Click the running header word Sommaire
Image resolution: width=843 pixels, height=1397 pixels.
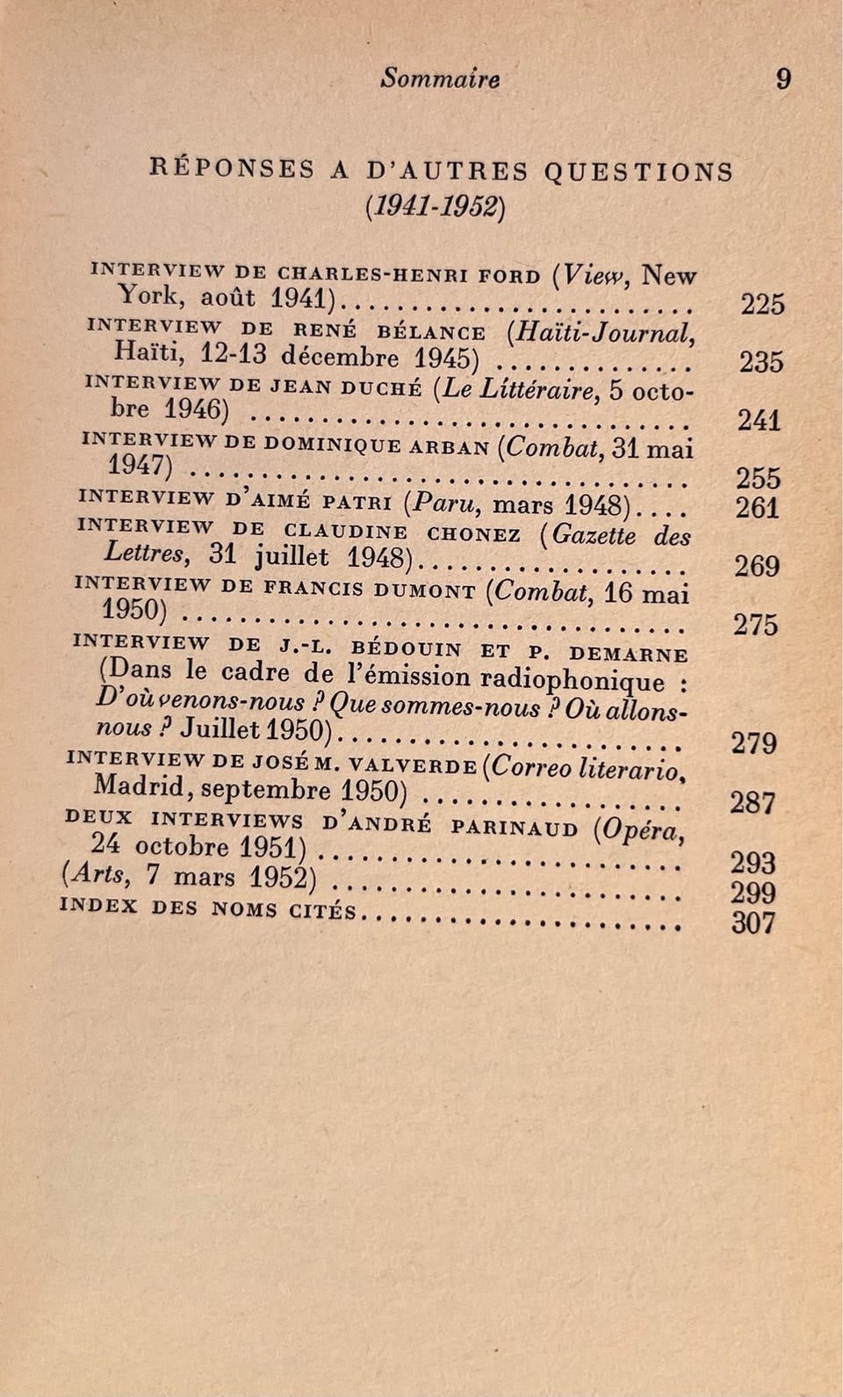pos(440,79)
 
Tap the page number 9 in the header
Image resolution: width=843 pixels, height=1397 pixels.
pos(783,79)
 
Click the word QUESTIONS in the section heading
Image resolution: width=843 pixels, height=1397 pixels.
pos(638,170)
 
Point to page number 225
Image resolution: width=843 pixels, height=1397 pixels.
pos(761,304)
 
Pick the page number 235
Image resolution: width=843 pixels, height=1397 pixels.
pos(760,362)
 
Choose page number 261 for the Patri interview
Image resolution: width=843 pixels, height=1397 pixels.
pos(757,508)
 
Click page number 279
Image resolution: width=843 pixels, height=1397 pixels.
pos(753,743)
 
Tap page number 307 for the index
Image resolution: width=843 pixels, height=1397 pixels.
pos(753,923)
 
